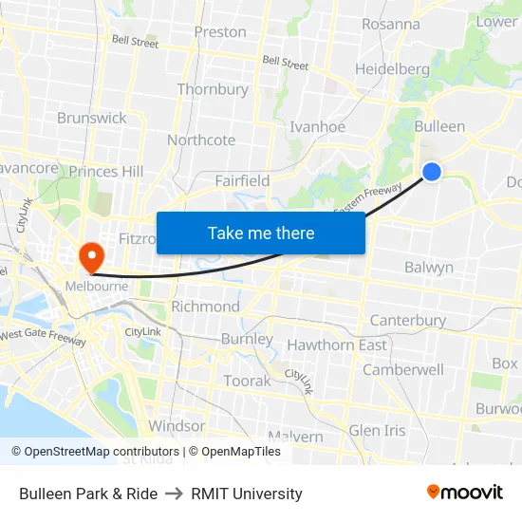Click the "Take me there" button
pyautogui.click(x=261, y=233)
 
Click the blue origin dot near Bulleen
pyautogui.click(x=431, y=171)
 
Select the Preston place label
pyautogui.click(x=220, y=31)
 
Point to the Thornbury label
pyautogui.click(x=213, y=89)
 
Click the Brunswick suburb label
pyautogui.click(x=91, y=118)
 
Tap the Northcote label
pyautogui.click(x=201, y=140)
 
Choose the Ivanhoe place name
pyautogui.click(x=317, y=126)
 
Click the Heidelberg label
pyautogui.click(x=392, y=68)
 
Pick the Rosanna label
pyautogui.click(x=390, y=24)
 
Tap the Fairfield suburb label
pyautogui.click(x=242, y=180)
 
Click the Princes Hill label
pyautogui.click(x=107, y=171)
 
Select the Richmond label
pyautogui.click(x=205, y=307)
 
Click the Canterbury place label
pyautogui.click(x=407, y=320)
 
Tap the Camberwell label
pyautogui.click(x=403, y=369)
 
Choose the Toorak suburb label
pyautogui.click(x=247, y=381)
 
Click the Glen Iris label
pyautogui.click(x=377, y=430)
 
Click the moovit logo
pyautogui.click(x=464, y=492)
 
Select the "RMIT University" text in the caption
pyautogui.click(x=247, y=494)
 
